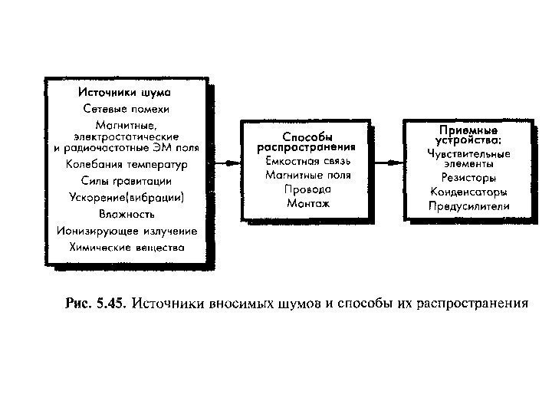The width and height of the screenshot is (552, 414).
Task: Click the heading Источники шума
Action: [126, 94]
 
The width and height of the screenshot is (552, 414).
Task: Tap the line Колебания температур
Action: [126, 164]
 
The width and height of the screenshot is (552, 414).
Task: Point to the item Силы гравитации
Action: [126, 181]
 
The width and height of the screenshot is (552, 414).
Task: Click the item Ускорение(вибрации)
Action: [126, 197]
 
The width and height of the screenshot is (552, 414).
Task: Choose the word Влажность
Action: [126, 214]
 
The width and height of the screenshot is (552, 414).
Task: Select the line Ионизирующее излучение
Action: [126, 231]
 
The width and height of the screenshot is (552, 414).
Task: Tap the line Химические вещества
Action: [126, 248]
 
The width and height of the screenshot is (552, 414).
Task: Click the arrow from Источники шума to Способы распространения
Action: [226, 163]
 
